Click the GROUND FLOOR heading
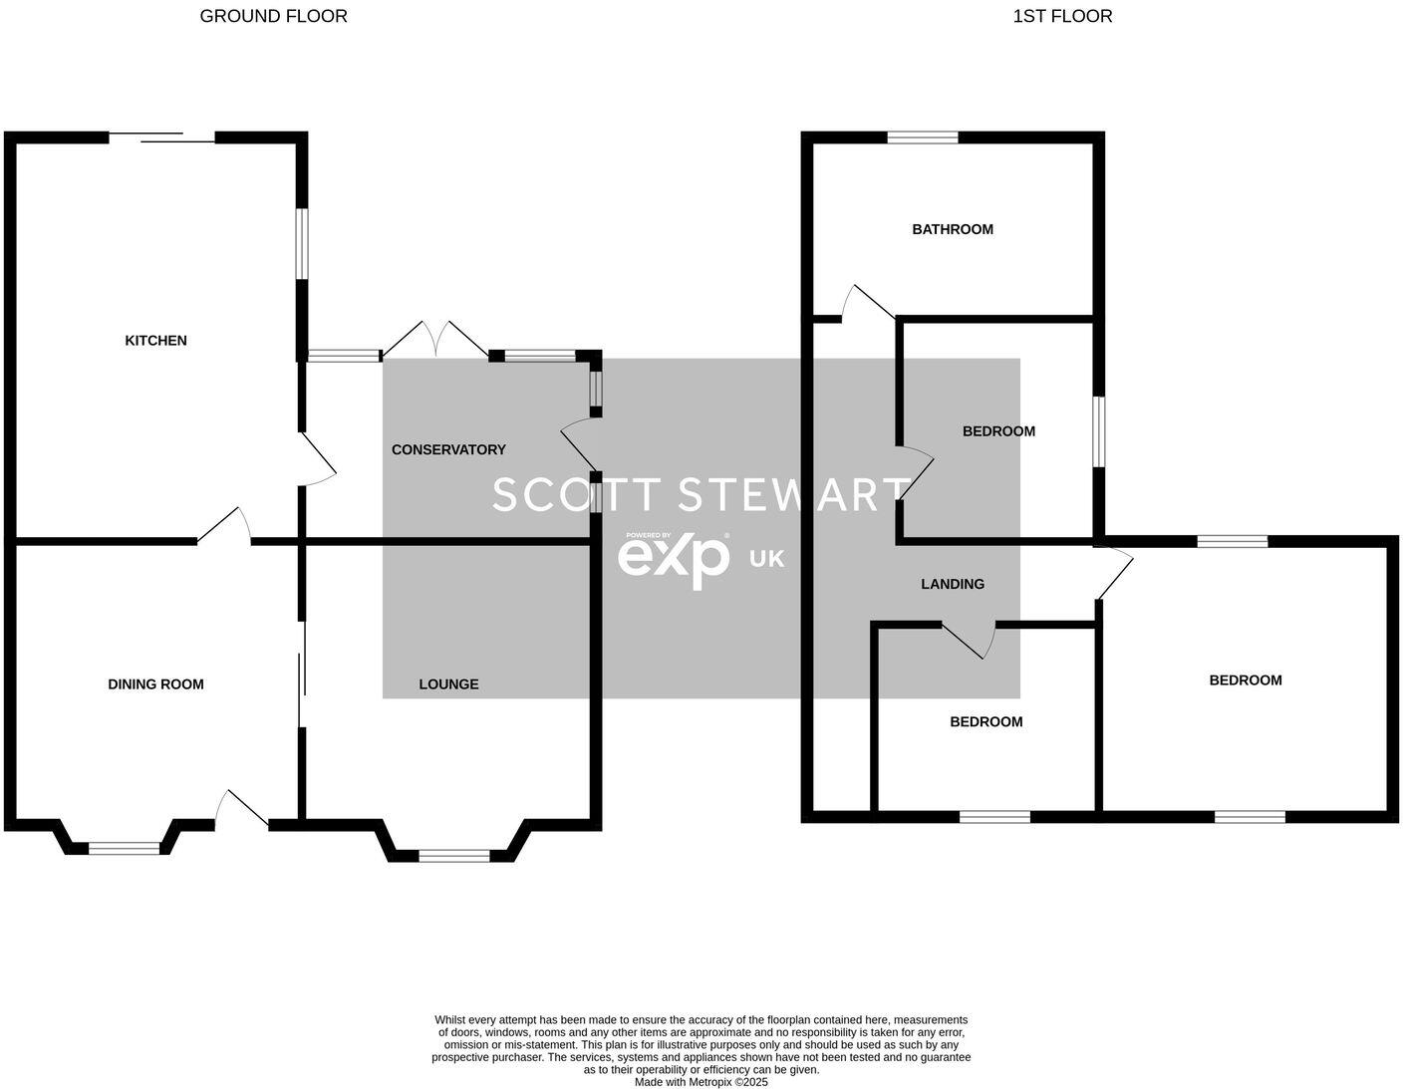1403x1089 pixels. (x=273, y=16)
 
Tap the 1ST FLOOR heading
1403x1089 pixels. (x=1062, y=16)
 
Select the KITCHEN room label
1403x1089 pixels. (x=155, y=341)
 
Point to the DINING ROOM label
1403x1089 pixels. (x=155, y=684)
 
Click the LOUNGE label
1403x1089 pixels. (x=448, y=684)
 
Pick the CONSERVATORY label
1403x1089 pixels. (x=448, y=450)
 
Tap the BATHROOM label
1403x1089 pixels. (x=953, y=229)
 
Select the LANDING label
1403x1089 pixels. (x=953, y=585)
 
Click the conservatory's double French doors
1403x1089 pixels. (x=436, y=339)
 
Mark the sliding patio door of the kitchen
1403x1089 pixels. (x=161, y=137)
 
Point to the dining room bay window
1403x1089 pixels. (x=124, y=849)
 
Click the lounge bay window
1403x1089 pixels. (x=454, y=856)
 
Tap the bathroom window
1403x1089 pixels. (x=923, y=138)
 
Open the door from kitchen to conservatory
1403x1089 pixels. (x=317, y=460)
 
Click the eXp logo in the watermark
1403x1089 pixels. (x=674, y=559)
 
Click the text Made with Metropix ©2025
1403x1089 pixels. (x=701, y=1082)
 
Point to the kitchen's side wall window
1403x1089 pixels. (x=302, y=244)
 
